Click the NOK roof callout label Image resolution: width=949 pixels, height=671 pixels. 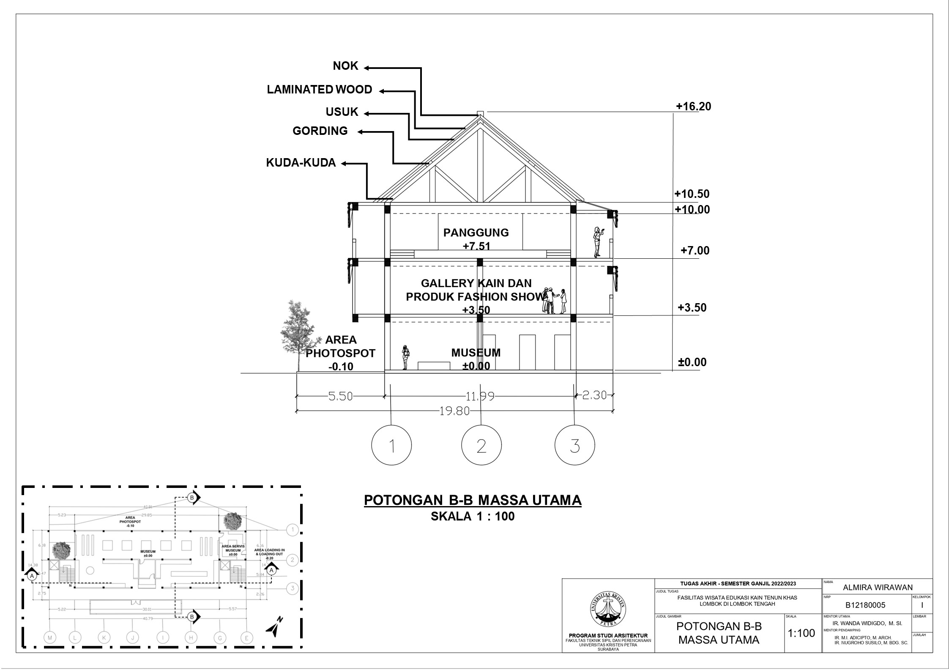(x=345, y=66)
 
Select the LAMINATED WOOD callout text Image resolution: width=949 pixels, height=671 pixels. (x=319, y=90)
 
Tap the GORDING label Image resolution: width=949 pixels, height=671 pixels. (x=320, y=131)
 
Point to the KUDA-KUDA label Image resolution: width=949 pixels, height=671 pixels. (x=301, y=163)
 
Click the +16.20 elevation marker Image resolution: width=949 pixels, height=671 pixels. (x=693, y=107)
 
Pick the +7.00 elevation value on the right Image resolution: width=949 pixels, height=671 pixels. (x=695, y=251)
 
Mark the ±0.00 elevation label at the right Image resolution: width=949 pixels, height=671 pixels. (x=692, y=362)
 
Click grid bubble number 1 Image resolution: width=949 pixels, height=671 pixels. (x=391, y=446)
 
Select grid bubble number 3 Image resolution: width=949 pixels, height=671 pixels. (x=574, y=446)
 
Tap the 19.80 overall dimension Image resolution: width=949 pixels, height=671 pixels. (x=454, y=411)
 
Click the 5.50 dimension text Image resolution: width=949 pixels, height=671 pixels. (x=340, y=397)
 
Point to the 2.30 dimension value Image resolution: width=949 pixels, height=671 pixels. (x=594, y=395)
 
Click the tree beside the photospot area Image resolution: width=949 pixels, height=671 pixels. (x=298, y=334)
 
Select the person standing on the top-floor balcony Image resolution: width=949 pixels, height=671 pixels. (x=598, y=242)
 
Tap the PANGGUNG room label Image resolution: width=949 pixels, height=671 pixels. (x=476, y=233)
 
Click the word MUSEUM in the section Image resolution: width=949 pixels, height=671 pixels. (x=476, y=353)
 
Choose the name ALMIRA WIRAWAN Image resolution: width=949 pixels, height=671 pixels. (x=878, y=587)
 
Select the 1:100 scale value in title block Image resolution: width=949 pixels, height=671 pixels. (x=801, y=633)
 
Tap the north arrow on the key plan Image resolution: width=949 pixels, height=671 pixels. (x=274, y=627)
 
